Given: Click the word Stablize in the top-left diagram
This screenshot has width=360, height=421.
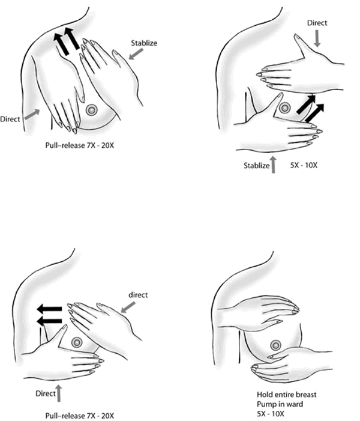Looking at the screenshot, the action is click(144, 43).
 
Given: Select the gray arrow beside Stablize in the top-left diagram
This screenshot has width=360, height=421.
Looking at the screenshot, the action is click(136, 54).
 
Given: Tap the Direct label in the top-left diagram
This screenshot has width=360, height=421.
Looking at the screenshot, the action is click(10, 119).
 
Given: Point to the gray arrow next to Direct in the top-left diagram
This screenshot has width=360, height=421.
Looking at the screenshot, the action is click(32, 114).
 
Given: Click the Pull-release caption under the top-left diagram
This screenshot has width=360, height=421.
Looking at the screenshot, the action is click(79, 145).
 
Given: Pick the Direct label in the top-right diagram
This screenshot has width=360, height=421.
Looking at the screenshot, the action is click(317, 23).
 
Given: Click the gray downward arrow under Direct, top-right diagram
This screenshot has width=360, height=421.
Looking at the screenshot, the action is click(317, 38).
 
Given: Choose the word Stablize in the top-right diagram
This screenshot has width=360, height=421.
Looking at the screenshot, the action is click(256, 165).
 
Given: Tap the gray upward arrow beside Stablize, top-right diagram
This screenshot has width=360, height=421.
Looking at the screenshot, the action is click(274, 165).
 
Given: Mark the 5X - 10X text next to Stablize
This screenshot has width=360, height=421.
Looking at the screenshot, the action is click(304, 165).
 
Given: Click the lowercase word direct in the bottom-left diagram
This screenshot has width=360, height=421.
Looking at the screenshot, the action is click(138, 295).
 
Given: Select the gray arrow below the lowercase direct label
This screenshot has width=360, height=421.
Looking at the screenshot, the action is click(128, 307).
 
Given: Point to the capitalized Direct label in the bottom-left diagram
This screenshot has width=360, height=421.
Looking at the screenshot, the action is click(46, 393).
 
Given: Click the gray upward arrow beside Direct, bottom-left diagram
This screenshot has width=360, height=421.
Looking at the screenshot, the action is click(59, 393).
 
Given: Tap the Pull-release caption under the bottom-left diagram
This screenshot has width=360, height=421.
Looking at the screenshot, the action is click(79, 416).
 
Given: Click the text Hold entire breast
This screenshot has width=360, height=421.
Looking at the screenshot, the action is click(287, 395).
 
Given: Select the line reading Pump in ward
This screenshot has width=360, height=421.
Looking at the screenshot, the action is click(280, 404).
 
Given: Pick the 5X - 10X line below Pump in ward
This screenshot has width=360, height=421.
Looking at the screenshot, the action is click(271, 413).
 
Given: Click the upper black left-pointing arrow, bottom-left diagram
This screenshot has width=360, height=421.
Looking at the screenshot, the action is click(49, 309).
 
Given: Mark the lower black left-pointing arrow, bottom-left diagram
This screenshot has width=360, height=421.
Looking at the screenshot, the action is click(49, 321).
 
